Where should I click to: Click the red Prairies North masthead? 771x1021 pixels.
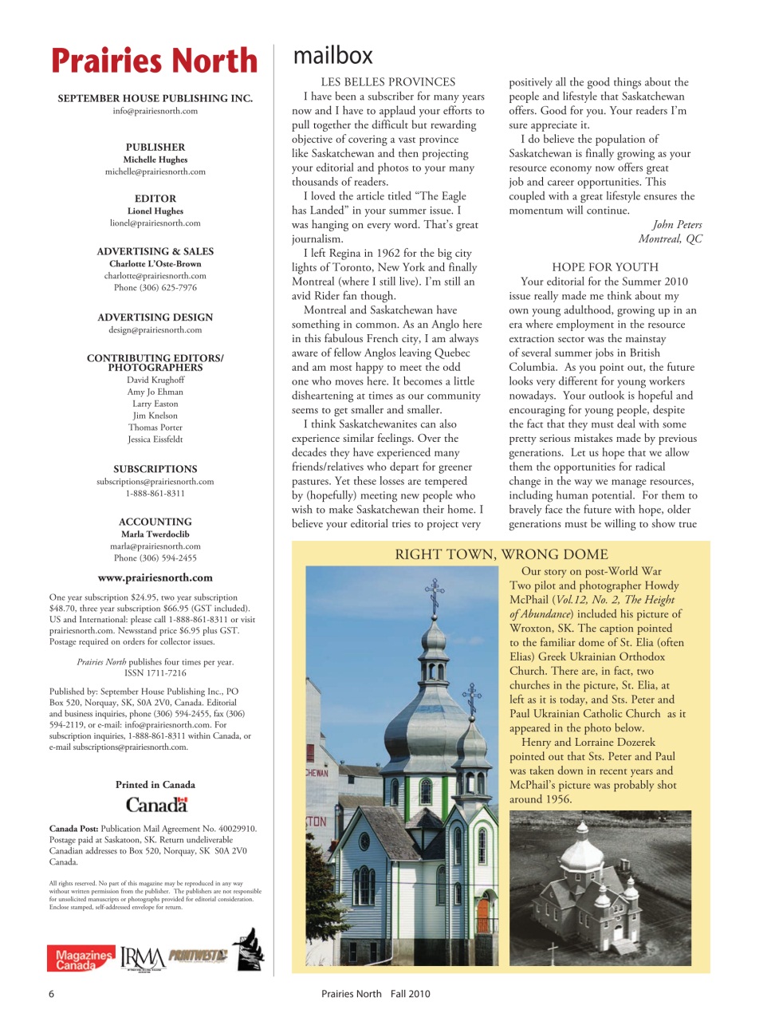point(155,61)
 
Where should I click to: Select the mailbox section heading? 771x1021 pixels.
point(332,56)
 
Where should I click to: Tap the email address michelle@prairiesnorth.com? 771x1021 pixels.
point(155,171)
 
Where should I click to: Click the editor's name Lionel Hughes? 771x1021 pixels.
point(155,211)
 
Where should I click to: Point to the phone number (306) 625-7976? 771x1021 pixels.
point(155,287)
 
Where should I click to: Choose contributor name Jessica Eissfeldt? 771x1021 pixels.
point(155,439)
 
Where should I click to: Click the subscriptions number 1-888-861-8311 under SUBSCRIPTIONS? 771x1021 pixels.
point(155,493)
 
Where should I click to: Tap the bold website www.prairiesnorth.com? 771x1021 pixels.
point(155,578)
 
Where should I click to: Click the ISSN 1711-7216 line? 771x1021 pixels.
point(155,672)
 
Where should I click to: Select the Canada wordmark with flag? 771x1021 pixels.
point(156,804)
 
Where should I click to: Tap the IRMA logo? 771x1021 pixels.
point(143,958)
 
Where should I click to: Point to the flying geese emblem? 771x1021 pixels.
point(250,949)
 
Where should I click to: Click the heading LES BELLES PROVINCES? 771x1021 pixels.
point(388,81)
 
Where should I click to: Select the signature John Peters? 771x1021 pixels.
point(677,224)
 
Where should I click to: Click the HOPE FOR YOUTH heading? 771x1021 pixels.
point(605,266)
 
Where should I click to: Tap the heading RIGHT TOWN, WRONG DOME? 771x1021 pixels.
point(502,554)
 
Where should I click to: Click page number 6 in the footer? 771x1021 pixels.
point(52,993)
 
